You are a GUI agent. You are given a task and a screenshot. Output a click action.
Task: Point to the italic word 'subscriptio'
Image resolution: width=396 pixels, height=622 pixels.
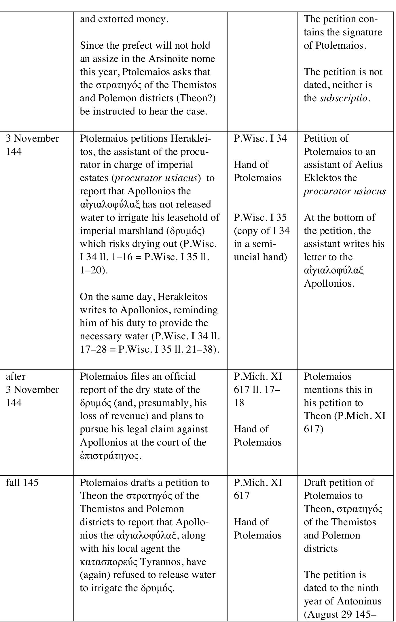(344, 98)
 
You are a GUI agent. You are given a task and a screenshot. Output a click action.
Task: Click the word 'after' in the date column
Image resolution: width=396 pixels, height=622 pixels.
(16, 376)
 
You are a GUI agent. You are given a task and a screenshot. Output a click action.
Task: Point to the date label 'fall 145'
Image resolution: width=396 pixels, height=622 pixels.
(22, 483)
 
